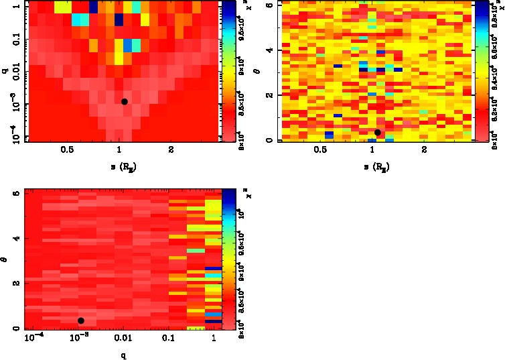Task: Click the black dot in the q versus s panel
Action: click(125, 101)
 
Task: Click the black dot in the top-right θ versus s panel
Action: click(378, 132)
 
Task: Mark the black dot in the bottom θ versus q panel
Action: click(81, 320)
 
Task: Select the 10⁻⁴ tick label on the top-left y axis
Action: click(11, 134)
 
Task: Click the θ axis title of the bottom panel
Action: click(5, 259)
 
